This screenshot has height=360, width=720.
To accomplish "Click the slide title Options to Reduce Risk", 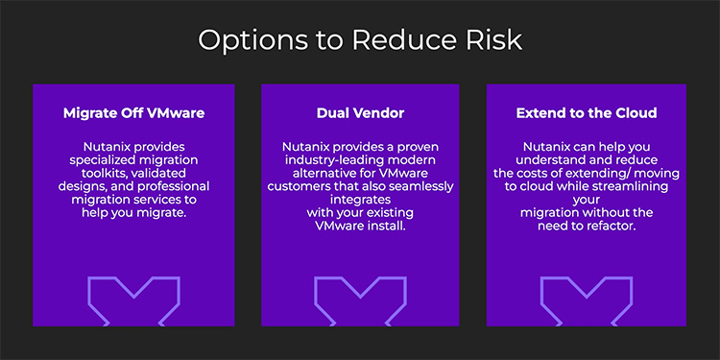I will pos(360,40).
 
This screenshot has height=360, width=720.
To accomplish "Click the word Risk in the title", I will pos(491,40).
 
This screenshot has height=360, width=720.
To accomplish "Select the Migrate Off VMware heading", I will pos(133,112).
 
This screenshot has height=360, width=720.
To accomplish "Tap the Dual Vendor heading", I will pos(360,112).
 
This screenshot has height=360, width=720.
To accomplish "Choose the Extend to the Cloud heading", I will pos(586,112).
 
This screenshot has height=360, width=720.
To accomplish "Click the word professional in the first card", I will pos(169,185).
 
